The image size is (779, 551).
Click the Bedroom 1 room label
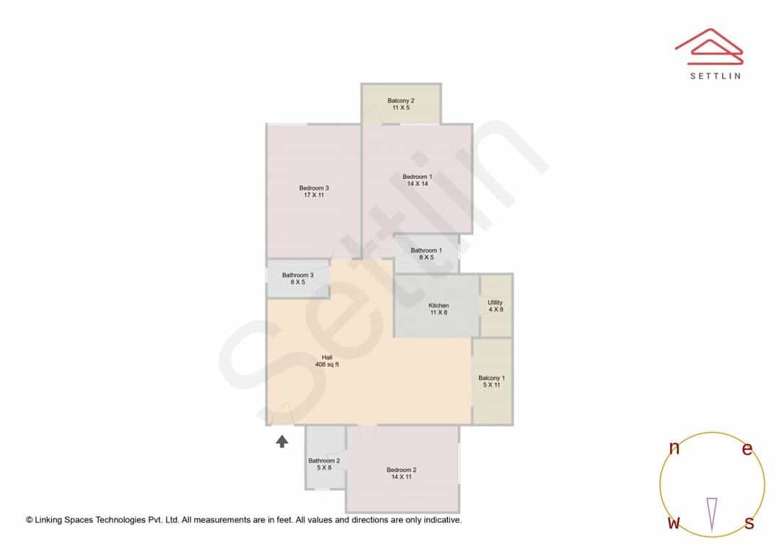418,177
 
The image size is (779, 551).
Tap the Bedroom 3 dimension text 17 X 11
314,195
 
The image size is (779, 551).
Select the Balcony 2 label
401,100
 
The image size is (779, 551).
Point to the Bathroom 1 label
426,250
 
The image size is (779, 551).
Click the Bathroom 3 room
298,278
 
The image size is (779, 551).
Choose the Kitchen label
439,306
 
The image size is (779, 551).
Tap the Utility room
496,306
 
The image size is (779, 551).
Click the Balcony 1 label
491,378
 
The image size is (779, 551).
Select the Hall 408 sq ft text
327,361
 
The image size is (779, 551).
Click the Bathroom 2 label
324,461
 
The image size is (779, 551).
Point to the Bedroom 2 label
402,470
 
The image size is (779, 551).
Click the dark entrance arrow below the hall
282,441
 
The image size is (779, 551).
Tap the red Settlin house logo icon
709,46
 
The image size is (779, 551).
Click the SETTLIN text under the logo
716,76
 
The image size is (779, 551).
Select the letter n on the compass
674,448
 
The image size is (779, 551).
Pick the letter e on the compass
747,449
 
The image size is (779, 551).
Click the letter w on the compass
674,522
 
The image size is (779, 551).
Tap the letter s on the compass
749,523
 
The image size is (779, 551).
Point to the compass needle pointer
712,515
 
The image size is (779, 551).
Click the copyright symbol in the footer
30,520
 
